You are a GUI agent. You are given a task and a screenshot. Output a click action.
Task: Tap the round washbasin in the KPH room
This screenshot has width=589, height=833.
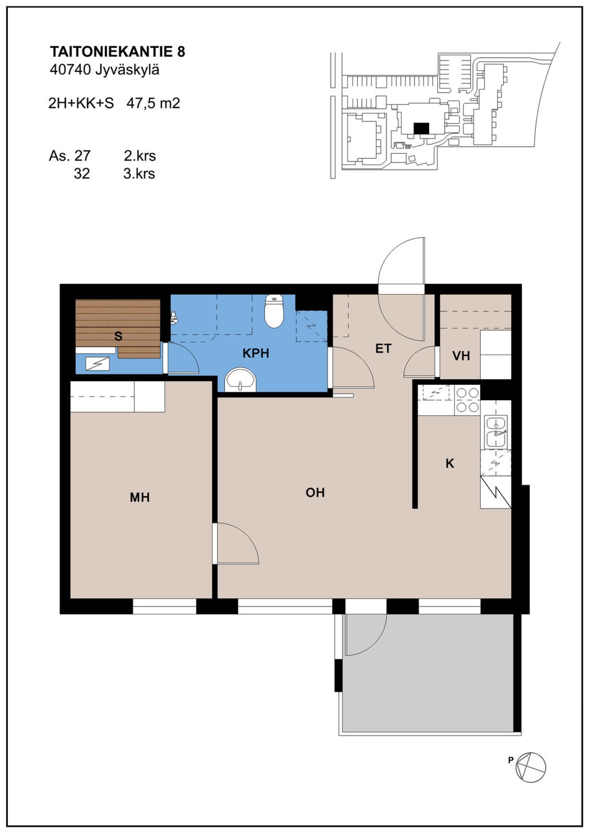point(241,379)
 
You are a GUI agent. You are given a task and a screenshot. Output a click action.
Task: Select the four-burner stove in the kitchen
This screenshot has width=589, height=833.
point(468,400)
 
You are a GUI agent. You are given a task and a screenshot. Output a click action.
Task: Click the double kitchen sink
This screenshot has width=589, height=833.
point(496,432)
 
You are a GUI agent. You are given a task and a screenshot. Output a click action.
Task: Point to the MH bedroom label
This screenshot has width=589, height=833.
point(140,497)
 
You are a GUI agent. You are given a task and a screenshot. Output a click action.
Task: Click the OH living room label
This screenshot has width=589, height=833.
point(315,492)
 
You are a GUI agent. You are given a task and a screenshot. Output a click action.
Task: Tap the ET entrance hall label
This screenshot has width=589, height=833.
point(383,348)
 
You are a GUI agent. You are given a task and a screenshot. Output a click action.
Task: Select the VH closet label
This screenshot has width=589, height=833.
point(461,356)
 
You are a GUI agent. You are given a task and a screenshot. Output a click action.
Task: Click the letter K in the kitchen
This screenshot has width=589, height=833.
point(450,463)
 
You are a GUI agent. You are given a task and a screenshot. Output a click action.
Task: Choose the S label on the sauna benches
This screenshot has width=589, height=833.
point(118,336)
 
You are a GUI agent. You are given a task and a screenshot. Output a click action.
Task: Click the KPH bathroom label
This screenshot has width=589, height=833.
point(256,353)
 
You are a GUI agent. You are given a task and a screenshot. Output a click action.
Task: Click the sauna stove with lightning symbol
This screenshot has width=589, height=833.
point(97,364)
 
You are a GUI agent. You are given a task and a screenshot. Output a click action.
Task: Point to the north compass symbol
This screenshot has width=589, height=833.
point(531,768)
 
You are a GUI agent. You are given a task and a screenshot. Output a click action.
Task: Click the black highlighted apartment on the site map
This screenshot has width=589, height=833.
point(421,128)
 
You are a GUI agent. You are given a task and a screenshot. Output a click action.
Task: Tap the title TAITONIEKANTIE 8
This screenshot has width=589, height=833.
point(117,52)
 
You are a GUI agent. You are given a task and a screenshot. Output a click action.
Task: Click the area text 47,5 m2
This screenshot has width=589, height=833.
point(153,103)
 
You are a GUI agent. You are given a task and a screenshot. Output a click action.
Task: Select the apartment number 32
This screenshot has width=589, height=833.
point(82,173)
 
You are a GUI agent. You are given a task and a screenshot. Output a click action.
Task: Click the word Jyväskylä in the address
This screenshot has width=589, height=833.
point(127,70)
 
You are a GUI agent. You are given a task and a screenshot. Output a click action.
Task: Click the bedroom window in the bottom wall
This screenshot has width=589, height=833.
point(164,606)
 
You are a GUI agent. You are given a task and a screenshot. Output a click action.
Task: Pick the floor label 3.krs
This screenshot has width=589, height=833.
point(139,173)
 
